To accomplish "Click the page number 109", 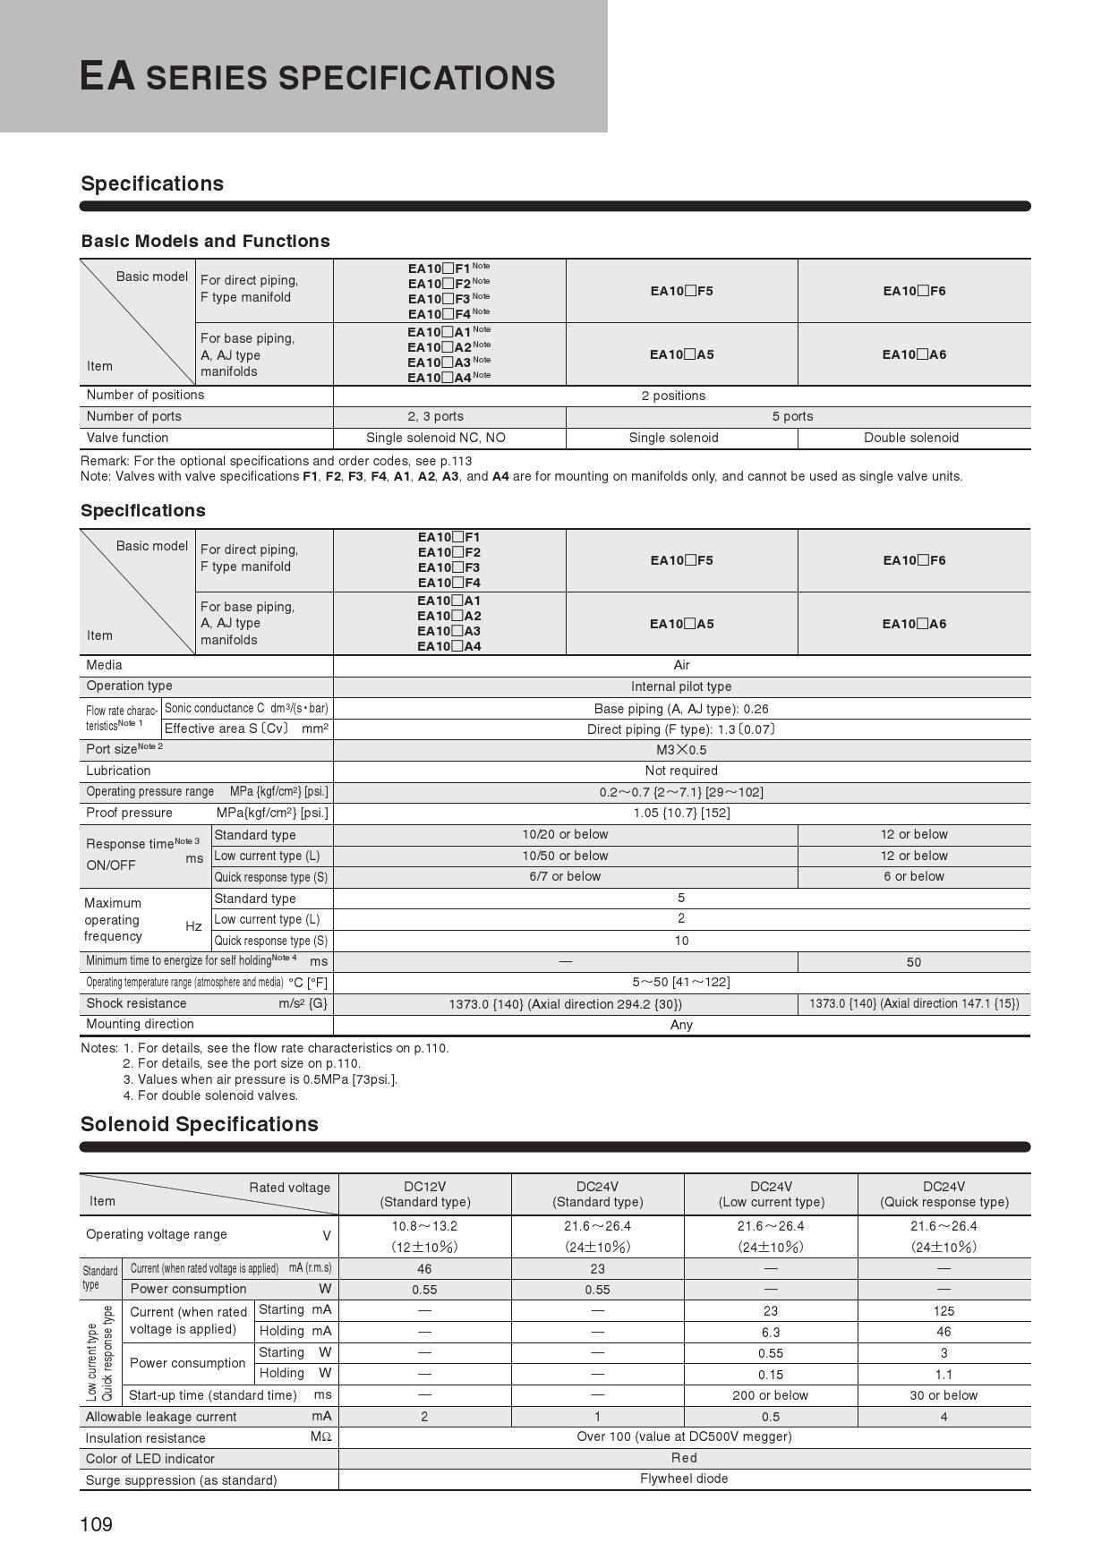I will (97, 1524).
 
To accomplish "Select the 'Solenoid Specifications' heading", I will (199, 1124).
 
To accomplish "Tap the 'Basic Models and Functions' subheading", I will (205, 241).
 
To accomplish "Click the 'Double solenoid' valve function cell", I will (910, 438).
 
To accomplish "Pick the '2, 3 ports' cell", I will (435, 416).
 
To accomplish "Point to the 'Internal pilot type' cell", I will (680, 686).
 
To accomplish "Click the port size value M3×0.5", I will (680, 750).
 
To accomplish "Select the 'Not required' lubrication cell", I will (680, 771).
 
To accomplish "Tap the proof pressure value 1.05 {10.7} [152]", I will (680, 813).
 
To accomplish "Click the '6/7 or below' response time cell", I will (564, 876).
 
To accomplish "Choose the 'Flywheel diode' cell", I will (684, 1479).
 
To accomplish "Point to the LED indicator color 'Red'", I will (684, 1458).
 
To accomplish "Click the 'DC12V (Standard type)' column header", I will (424, 1194).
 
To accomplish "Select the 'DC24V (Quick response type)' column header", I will (943, 1194).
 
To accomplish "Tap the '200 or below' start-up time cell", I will (770, 1395).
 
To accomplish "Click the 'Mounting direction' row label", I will (140, 1024).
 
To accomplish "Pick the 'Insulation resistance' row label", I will (145, 1438).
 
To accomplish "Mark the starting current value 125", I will (943, 1311).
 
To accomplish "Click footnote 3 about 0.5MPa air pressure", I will (260, 1079).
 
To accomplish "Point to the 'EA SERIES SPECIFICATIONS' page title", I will (317, 77).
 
